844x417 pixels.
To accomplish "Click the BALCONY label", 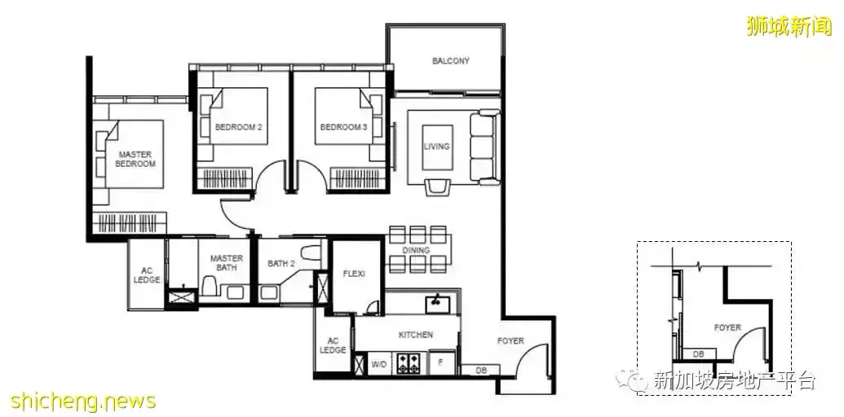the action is click(x=450, y=61).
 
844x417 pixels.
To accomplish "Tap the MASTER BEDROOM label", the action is click(x=135, y=159).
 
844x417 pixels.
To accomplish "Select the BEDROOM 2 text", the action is click(x=238, y=127).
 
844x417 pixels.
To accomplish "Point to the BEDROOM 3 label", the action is click(x=343, y=127).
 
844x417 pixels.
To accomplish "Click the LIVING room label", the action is click(x=436, y=146).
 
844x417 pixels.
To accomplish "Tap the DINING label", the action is click(x=416, y=250).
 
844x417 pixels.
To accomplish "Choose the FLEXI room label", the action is click(x=354, y=274).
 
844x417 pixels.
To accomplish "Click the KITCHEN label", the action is click(x=416, y=335).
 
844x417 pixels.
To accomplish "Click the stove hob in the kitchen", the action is click(x=408, y=363).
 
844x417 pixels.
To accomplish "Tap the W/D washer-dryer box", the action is click(x=379, y=364).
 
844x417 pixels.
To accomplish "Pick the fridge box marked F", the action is click(x=441, y=363).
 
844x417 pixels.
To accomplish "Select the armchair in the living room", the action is click(x=438, y=187).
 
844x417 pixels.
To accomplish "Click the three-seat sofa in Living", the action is click(x=484, y=147).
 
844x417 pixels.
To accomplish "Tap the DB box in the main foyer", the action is click(x=480, y=371).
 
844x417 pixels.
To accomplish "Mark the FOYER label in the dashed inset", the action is click(x=727, y=327).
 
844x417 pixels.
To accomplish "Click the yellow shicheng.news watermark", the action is click(x=83, y=401).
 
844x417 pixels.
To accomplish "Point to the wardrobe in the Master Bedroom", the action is click(x=130, y=223).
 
